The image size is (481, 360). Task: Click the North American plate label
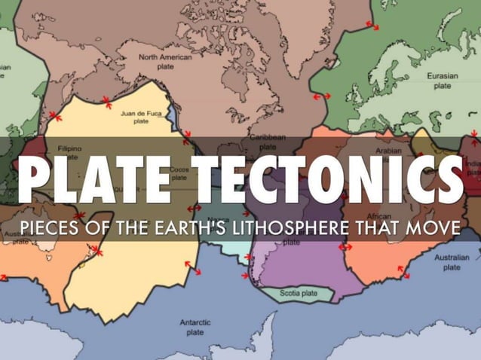click(x=165, y=61)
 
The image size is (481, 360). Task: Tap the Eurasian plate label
click(x=442, y=81)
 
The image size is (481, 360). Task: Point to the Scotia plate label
click(x=299, y=293)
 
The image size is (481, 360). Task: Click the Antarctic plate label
click(x=195, y=327)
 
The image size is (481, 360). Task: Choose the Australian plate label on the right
click(x=451, y=262)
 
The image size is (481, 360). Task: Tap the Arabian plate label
click(x=388, y=150)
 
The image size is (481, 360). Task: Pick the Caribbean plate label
click(x=268, y=141)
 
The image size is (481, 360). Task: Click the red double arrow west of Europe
click(x=323, y=97)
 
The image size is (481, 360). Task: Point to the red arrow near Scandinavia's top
click(x=372, y=26)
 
